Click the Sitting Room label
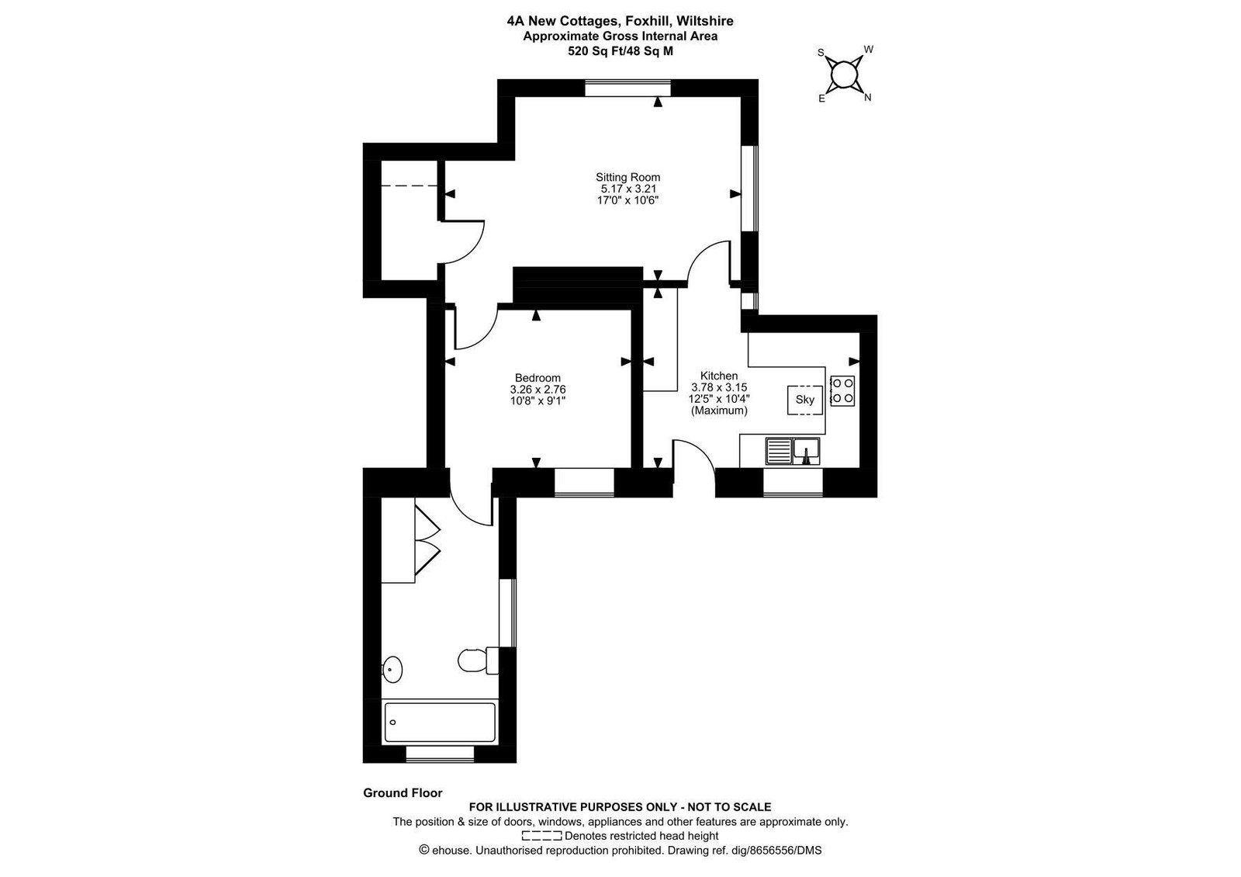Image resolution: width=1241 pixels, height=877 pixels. pyautogui.click(x=627, y=178)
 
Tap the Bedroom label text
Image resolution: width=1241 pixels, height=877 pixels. pyautogui.click(x=538, y=377)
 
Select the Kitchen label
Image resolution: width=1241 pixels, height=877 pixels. pyautogui.click(x=719, y=376)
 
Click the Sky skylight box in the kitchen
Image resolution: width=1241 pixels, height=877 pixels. pyautogui.click(x=805, y=400)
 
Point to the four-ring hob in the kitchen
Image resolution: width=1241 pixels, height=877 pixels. pyautogui.click(x=842, y=391)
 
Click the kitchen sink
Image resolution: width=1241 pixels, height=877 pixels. pyautogui.click(x=793, y=451)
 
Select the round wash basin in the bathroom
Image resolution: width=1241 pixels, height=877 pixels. pyautogui.click(x=391, y=669)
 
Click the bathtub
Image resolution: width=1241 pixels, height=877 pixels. pyautogui.click(x=440, y=722)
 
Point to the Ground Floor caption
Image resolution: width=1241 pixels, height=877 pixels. pyautogui.click(x=403, y=792)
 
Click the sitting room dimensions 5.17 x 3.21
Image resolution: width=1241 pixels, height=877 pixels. pyautogui.click(x=628, y=189)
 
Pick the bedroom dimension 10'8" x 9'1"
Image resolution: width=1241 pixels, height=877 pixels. pyautogui.click(x=538, y=400)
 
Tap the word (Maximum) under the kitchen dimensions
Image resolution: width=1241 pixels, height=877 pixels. pyautogui.click(x=719, y=411)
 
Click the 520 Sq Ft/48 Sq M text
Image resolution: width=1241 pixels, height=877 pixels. pyautogui.click(x=620, y=51)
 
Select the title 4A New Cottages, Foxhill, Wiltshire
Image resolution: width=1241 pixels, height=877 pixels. pyautogui.click(x=620, y=21)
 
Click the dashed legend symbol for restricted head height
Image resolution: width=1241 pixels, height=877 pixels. pyautogui.click(x=542, y=836)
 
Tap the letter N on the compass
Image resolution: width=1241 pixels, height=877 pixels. pyautogui.click(x=868, y=98)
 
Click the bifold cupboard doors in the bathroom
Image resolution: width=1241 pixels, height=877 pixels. pyautogui.click(x=427, y=536)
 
